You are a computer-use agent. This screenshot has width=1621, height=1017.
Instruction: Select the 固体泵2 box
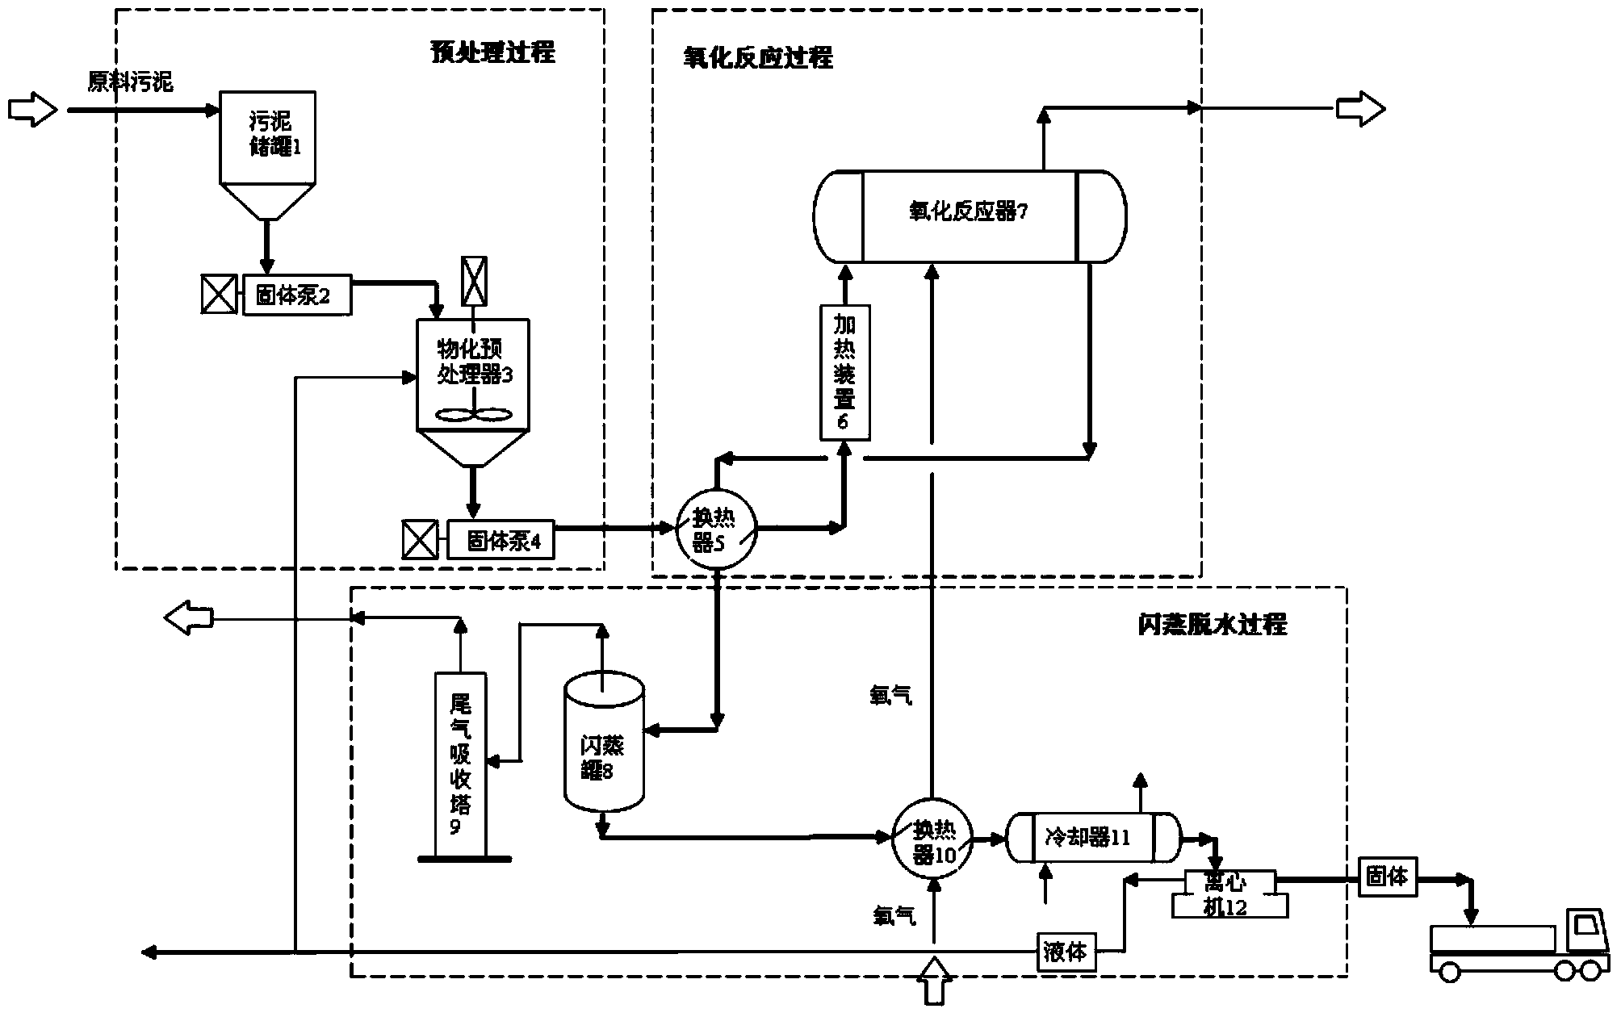pos(297,296)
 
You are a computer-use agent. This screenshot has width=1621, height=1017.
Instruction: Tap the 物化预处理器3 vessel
pos(473,375)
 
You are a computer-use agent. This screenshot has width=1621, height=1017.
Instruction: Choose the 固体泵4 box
pos(501,540)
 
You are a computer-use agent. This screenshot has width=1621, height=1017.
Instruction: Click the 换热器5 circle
pos(716,530)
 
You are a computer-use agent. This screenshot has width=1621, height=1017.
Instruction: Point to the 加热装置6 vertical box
pos(844,373)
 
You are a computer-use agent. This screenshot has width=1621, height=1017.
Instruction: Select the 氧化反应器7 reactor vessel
pos(969,216)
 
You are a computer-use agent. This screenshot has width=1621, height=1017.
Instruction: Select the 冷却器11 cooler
pos(1092,838)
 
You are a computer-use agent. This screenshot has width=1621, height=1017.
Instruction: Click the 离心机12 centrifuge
pos(1229,894)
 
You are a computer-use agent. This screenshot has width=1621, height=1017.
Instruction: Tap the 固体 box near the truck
pos(1387,877)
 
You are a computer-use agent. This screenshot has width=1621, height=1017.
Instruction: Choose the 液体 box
pos(1066,952)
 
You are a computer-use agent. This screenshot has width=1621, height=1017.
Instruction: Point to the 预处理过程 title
pos(492,53)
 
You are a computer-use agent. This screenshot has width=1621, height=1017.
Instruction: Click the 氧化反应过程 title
pos(758,58)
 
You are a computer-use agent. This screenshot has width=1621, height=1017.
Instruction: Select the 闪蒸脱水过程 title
pos(1212,625)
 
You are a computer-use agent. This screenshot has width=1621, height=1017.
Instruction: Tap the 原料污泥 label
pos(130,82)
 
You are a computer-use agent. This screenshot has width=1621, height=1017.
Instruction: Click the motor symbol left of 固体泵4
pos(421,540)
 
